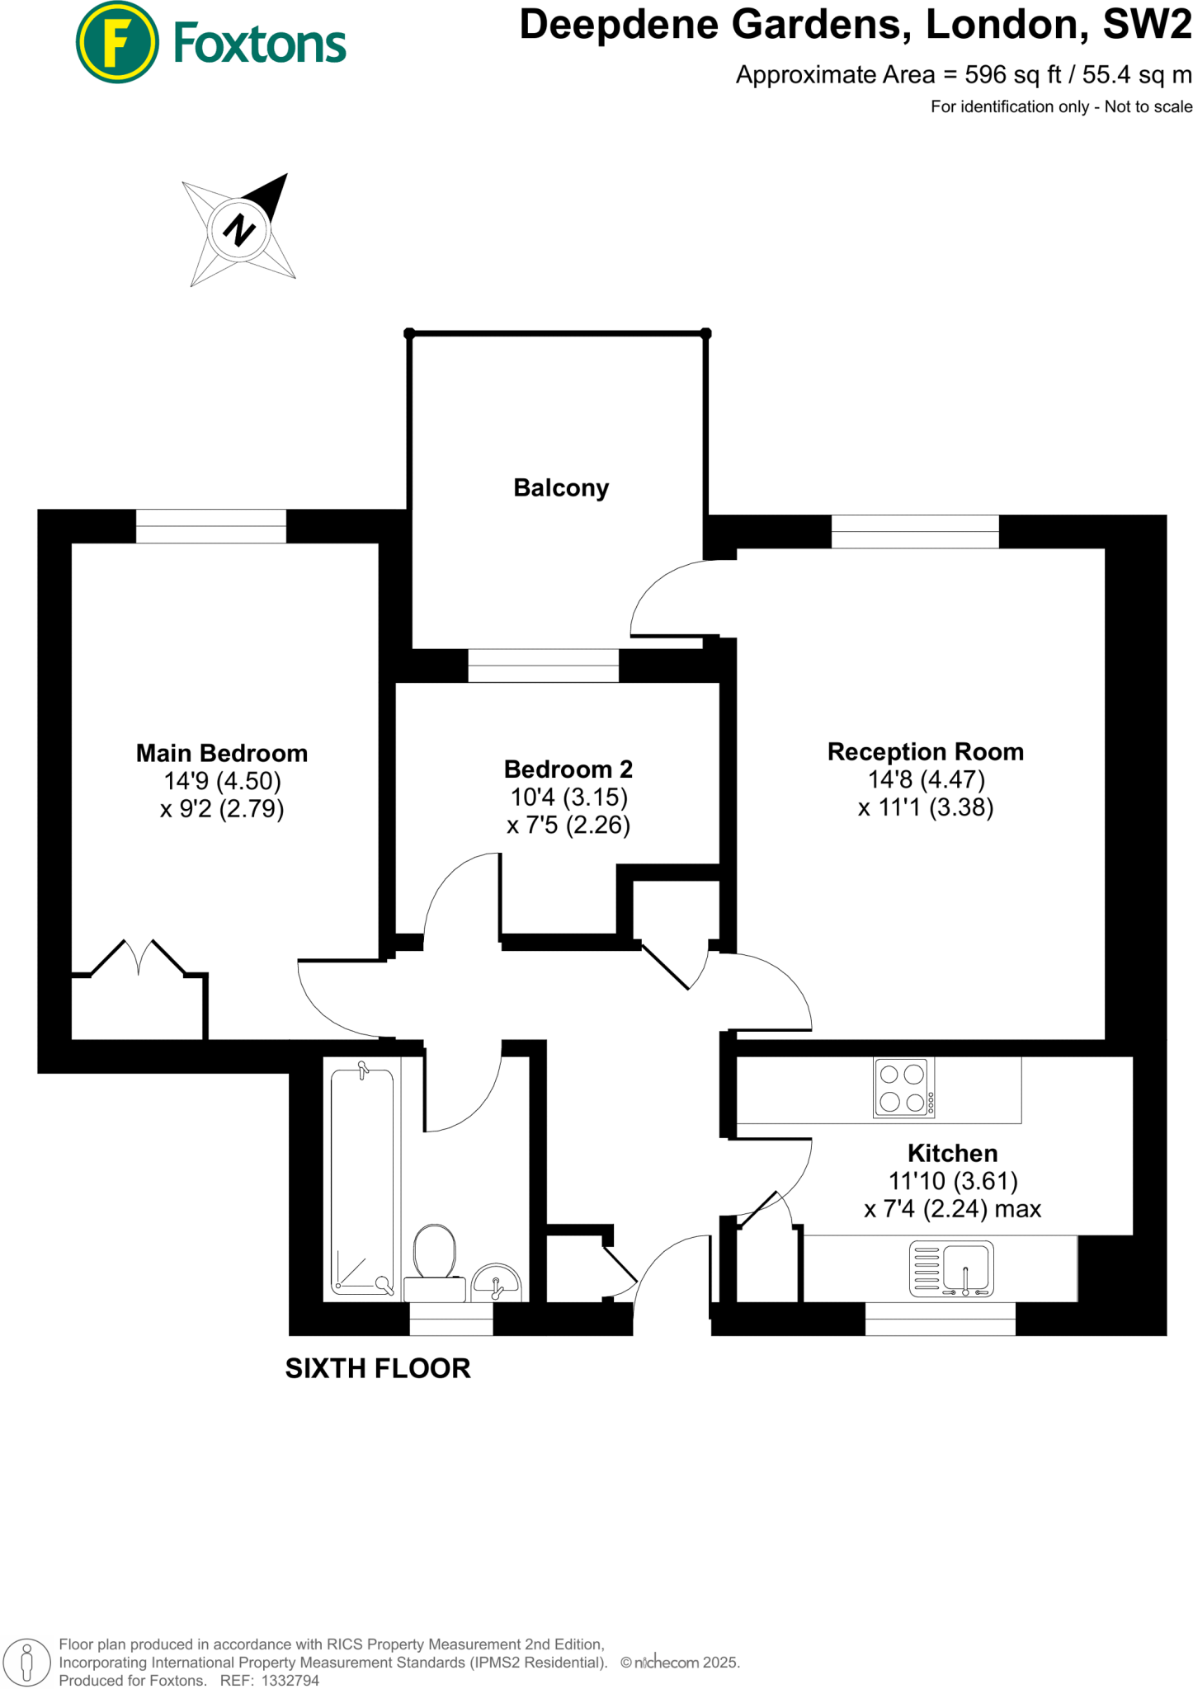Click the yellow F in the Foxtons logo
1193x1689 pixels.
(117, 42)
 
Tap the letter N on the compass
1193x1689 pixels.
(239, 229)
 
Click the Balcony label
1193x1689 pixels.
(561, 487)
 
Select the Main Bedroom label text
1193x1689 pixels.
(221, 753)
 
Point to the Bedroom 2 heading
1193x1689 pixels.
(568, 769)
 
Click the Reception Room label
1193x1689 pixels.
(925, 751)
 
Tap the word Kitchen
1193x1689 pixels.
(952, 1152)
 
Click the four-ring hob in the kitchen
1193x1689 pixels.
(903, 1088)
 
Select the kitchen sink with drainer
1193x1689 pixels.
(951, 1268)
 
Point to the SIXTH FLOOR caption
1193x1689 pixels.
(378, 1368)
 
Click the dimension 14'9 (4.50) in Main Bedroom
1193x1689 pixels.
(222, 780)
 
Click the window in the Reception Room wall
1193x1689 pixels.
(914, 531)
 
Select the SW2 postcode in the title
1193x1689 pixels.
(1147, 25)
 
